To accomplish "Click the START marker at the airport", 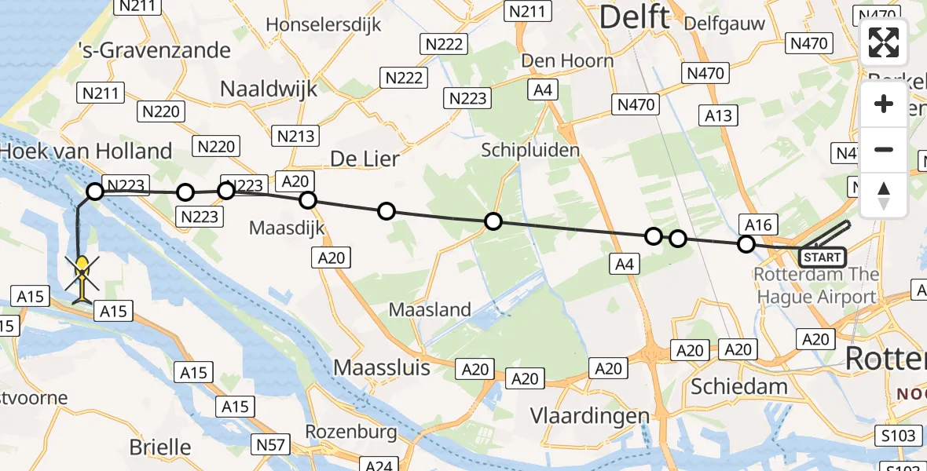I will click(822, 257).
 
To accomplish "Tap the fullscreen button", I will click(884, 42).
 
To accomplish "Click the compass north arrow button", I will click(884, 195).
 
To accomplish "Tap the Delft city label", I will click(635, 18).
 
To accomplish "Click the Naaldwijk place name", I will click(269, 89).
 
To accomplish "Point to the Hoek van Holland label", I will click(86, 151).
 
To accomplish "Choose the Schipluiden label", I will click(531, 150).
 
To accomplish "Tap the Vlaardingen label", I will click(589, 415).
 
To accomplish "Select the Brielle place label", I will click(159, 447).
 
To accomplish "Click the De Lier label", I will click(365, 159).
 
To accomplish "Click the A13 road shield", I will click(718, 115).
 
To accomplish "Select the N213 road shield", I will click(296, 136).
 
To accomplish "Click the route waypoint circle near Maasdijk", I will click(308, 200).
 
